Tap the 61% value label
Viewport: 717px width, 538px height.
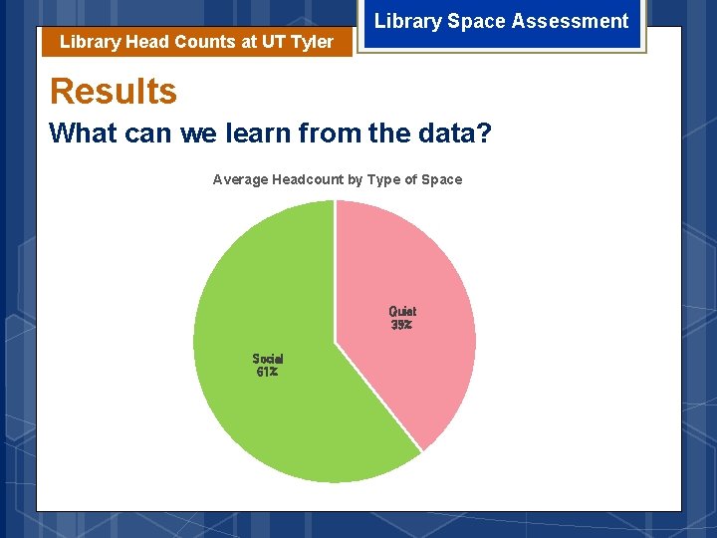(266, 373)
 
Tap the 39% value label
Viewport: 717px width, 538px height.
(401, 325)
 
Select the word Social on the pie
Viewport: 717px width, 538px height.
(267, 359)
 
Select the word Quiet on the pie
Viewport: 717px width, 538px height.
(402, 311)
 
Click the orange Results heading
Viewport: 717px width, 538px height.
(113, 92)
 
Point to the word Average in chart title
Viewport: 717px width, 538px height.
(240, 179)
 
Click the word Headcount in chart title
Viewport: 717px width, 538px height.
(309, 179)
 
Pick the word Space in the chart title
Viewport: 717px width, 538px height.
(442, 179)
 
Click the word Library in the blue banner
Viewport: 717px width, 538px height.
(404, 21)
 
